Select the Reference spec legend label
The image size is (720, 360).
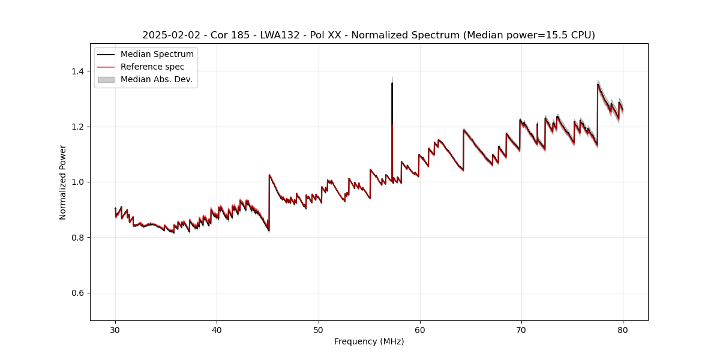coord(152,67)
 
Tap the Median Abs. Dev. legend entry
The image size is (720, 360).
coord(156,79)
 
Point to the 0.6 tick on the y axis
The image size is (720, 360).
coord(78,293)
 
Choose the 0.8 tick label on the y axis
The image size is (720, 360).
coord(78,238)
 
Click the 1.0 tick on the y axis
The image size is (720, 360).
coord(78,182)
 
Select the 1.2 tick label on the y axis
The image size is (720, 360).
coord(78,127)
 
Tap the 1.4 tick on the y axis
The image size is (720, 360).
coord(78,71)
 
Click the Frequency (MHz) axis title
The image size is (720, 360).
coord(369,341)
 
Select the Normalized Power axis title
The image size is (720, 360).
coord(63,182)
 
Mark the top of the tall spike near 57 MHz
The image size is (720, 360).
coord(392,83)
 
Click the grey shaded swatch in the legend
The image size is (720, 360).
coord(106,79)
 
